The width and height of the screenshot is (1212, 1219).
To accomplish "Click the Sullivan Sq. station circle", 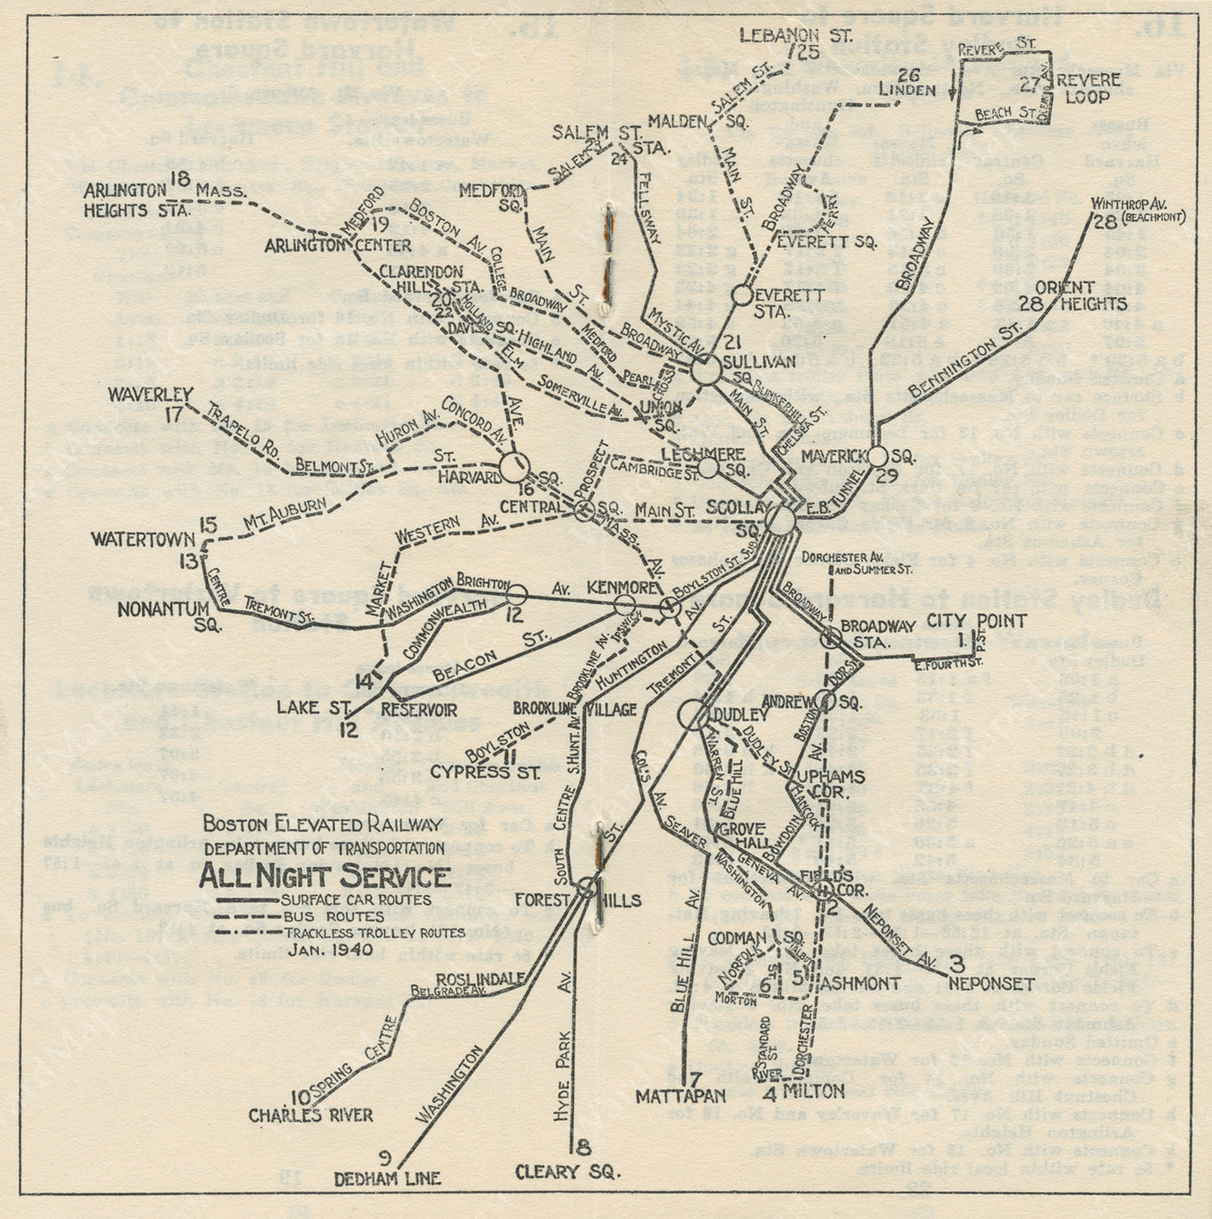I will (x=706, y=372).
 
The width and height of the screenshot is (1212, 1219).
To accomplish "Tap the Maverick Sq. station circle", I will (x=878, y=456).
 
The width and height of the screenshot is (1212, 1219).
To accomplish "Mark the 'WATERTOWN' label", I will (x=143, y=540).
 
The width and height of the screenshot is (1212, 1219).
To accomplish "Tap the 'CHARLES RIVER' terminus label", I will (x=311, y=1115).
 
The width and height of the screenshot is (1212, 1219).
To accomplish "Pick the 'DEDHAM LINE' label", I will (x=388, y=1178).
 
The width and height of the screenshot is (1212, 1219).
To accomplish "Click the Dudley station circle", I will (x=691, y=715).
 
